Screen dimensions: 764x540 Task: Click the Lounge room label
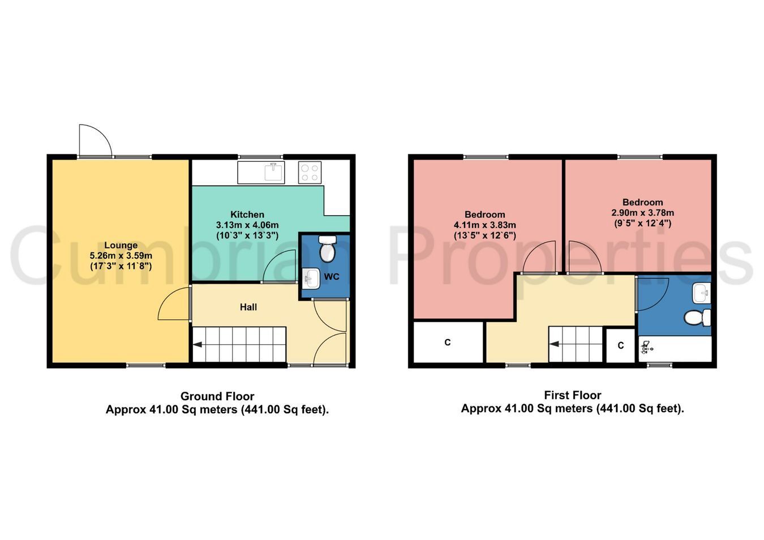pyautogui.click(x=121, y=245)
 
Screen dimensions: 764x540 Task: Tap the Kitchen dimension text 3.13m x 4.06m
pyautogui.click(x=247, y=225)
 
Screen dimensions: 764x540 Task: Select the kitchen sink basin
pyautogui.click(x=274, y=172)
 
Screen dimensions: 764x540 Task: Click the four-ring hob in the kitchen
pyautogui.click(x=310, y=173)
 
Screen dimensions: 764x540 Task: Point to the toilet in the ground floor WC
pyautogui.click(x=328, y=248)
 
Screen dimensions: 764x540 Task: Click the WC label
pyautogui.click(x=332, y=277)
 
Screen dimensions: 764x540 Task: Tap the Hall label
pyautogui.click(x=248, y=307)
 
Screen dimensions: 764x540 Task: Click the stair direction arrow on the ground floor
pyautogui.click(x=198, y=345)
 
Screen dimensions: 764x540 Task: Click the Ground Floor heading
pyautogui.click(x=217, y=396)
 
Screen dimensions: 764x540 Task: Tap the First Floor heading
pyautogui.click(x=573, y=395)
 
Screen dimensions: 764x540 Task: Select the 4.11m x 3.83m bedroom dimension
pyautogui.click(x=484, y=225)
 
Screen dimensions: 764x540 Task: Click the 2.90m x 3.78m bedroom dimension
pyautogui.click(x=642, y=213)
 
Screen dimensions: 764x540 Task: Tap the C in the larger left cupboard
pyautogui.click(x=448, y=342)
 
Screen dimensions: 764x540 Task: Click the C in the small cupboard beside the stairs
pyautogui.click(x=621, y=345)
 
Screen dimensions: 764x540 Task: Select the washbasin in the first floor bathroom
pyautogui.click(x=702, y=293)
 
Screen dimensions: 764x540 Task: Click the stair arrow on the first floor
pyautogui.click(x=554, y=344)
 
